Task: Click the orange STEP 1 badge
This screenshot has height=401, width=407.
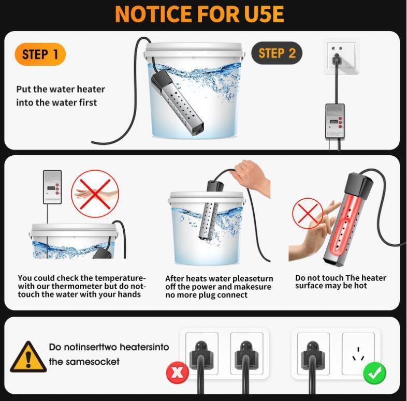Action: pyautogui.click(x=40, y=54)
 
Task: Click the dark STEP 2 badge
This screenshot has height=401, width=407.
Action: pyautogui.click(x=277, y=53)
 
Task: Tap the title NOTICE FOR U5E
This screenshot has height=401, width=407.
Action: pyautogui.click(x=199, y=14)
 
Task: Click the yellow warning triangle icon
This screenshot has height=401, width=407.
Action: pyautogui.click(x=28, y=357)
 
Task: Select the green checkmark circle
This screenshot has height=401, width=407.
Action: pyautogui.click(x=374, y=373)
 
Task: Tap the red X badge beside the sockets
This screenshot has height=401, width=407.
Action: pyautogui.click(x=178, y=373)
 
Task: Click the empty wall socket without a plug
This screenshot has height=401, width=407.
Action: pyautogui.click(x=358, y=354)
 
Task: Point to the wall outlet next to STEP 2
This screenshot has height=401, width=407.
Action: pyautogui.click(x=341, y=56)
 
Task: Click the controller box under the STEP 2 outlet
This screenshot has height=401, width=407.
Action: pyautogui.click(x=335, y=121)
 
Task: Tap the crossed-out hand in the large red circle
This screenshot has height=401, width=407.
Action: pyautogui.click(x=95, y=194)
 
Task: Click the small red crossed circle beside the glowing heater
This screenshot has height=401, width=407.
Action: pyautogui.click(x=308, y=213)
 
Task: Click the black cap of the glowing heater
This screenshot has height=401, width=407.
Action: pyautogui.click(x=359, y=185)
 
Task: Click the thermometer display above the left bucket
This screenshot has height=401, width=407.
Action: pyautogui.click(x=52, y=187)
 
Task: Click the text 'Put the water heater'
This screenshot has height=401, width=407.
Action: pyautogui.click(x=61, y=89)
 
